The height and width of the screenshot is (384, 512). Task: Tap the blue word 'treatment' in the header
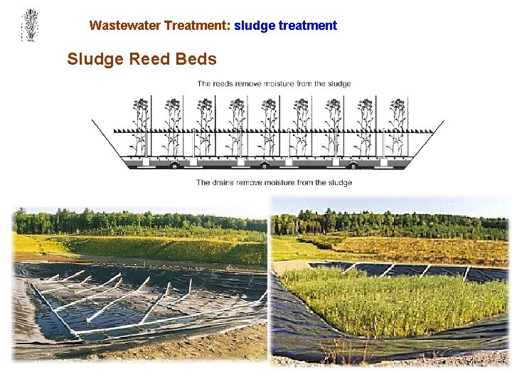coord(308,26)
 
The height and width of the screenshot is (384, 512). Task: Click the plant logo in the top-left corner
coord(29,26)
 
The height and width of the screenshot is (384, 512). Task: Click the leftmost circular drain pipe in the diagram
coord(174,165)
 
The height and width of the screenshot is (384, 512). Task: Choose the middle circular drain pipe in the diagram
coord(265,165)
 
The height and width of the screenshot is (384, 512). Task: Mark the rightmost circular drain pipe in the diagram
coord(353,165)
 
